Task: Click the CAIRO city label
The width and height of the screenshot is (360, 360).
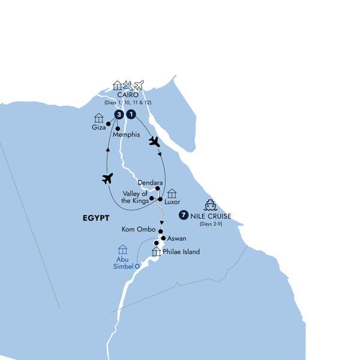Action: [127, 95]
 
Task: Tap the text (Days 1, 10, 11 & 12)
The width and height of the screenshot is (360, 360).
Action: [127, 103]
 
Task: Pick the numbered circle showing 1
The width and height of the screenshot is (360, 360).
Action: [131, 115]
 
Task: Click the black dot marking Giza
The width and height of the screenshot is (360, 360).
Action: [109, 124]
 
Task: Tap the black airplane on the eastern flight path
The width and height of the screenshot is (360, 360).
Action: [155, 142]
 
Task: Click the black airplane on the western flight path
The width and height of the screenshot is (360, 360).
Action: [107, 178]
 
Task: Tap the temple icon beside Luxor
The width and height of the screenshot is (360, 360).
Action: [172, 193]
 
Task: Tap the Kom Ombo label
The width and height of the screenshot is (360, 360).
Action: [136, 229]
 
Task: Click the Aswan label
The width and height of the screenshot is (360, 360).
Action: [176, 238]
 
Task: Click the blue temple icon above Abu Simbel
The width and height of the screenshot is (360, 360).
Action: [123, 249]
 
